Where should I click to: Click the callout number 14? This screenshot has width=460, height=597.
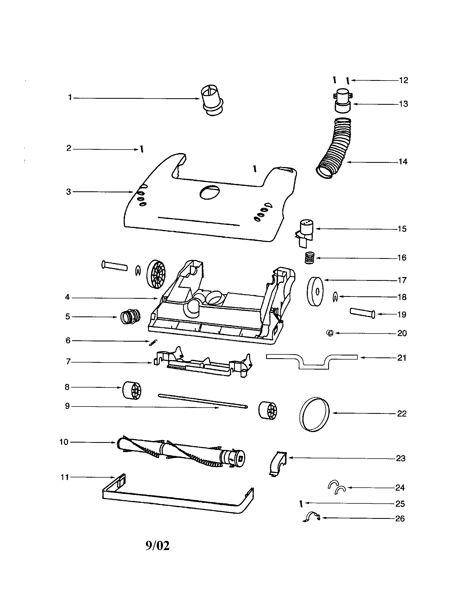[x=403, y=162]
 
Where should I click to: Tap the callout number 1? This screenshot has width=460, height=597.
[x=70, y=97]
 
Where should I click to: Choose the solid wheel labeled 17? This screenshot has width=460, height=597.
[x=315, y=292]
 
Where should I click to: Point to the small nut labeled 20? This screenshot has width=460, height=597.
[x=330, y=333]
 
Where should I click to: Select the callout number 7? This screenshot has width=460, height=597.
[x=68, y=362]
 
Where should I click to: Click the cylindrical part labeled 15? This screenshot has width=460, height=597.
[x=306, y=229]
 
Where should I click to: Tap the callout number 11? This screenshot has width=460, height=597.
[x=65, y=477]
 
